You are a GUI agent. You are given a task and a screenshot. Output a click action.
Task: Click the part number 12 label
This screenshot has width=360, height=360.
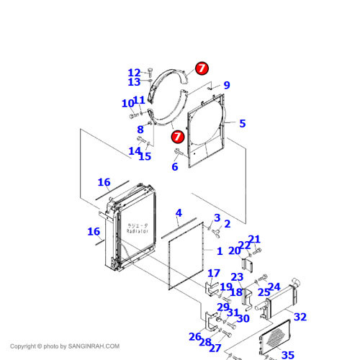[135, 73]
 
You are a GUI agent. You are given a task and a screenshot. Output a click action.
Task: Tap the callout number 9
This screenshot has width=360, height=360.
[226, 85]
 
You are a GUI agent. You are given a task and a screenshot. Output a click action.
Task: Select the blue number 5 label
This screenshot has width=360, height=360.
[243, 124]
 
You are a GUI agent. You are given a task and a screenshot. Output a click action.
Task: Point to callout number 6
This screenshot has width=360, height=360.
[174, 167]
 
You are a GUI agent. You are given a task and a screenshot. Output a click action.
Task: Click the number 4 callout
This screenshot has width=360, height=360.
[179, 213]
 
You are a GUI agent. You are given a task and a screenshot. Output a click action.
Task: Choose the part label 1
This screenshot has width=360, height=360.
[220, 251]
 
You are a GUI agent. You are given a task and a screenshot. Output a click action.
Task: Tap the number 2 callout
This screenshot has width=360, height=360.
[227, 224]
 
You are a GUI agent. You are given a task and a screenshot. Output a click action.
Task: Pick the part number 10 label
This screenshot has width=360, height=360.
[127, 104]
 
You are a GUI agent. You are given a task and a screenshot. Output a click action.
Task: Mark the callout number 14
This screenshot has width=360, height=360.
[134, 150]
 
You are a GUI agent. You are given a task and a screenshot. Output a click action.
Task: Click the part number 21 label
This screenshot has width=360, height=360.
[254, 240]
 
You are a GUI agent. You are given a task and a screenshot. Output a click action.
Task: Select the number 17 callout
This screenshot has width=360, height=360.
[214, 273]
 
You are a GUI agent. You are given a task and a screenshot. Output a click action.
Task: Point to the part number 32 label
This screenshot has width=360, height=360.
[300, 317]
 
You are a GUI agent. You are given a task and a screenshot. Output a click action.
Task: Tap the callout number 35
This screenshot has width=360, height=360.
[288, 354]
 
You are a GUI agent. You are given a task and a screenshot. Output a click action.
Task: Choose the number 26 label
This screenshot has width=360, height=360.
[195, 336]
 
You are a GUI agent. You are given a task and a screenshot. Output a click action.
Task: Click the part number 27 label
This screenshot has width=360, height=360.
[215, 348]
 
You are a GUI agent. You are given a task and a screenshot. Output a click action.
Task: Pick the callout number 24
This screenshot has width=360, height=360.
[274, 287]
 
